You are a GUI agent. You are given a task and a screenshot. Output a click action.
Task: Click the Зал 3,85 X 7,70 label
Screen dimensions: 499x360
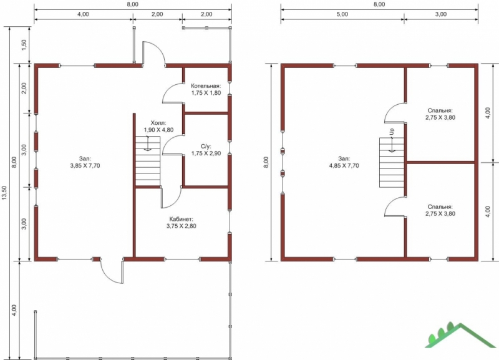click(x=85, y=162)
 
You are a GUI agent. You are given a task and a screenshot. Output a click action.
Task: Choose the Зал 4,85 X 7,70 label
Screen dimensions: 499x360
click(x=344, y=162)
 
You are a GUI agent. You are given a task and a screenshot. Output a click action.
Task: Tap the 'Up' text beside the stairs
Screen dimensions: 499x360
click(x=392, y=131)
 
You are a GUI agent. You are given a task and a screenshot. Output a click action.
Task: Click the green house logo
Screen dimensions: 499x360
click(x=460, y=335)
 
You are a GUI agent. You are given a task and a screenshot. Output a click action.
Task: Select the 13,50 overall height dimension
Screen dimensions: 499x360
click(x=4, y=193)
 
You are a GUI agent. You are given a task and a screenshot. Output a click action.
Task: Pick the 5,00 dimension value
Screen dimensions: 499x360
click(x=342, y=14)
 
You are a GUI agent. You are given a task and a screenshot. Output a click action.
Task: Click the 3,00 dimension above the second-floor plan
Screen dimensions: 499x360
click(x=441, y=14)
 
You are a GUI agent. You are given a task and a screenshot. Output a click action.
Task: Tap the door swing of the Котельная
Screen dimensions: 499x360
click(x=173, y=93)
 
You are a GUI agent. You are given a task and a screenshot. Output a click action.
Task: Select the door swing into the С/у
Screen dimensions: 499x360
click(x=173, y=145)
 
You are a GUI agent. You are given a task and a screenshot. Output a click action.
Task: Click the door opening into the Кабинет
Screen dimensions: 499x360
click(x=171, y=197)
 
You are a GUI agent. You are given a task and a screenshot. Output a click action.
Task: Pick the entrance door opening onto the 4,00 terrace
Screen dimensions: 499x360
click(x=112, y=271)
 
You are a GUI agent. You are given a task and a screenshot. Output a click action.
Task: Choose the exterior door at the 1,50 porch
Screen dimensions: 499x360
click(x=153, y=54)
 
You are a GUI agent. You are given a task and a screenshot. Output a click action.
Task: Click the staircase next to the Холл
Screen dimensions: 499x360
click(x=148, y=161)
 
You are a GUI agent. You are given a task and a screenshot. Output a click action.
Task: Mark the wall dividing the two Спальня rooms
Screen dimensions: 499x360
click(x=441, y=162)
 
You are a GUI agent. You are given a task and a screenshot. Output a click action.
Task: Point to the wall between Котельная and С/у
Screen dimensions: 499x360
click(x=206, y=113)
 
